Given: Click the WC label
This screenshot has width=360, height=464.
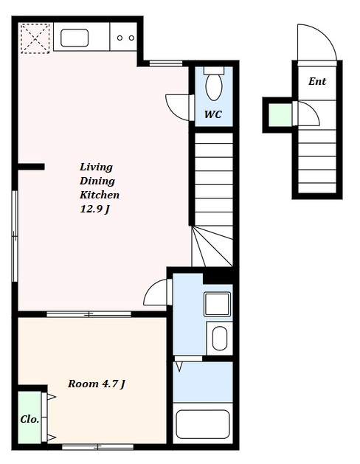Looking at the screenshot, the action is click(x=213, y=114).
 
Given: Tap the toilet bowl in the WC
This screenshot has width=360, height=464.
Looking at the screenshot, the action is click(x=214, y=87).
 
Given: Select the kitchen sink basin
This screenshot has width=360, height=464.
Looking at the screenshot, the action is click(x=75, y=38).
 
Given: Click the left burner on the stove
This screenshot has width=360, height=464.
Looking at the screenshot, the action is click(x=120, y=38).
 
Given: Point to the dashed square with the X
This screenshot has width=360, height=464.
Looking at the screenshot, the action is click(x=35, y=39).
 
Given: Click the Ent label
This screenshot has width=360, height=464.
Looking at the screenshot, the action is click(x=317, y=81).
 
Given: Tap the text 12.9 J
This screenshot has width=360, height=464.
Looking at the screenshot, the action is click(x=94, y=210).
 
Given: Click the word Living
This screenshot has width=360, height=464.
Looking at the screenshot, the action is click(x=96, y=167).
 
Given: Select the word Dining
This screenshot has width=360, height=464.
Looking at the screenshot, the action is click(x=97, y=181).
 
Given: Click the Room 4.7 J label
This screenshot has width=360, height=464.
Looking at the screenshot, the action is click(x=97, y=384).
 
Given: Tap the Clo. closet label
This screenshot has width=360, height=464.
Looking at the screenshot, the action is click(x=30, y=419).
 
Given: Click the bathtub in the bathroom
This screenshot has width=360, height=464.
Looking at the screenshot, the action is click(x=203, y=424).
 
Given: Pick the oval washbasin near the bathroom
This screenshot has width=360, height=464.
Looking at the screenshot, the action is click(x=220, y=339).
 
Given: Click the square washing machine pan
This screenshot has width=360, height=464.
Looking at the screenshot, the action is click(x=217, y=304).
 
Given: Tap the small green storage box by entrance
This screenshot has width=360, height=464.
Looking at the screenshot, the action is click(x=280, y=115).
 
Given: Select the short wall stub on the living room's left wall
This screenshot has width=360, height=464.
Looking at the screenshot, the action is click(x=31, y=167).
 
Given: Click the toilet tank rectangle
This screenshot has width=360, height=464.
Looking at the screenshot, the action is click(x=214, y=70).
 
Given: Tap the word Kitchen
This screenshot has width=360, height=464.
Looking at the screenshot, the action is click(x=100, y=195).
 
